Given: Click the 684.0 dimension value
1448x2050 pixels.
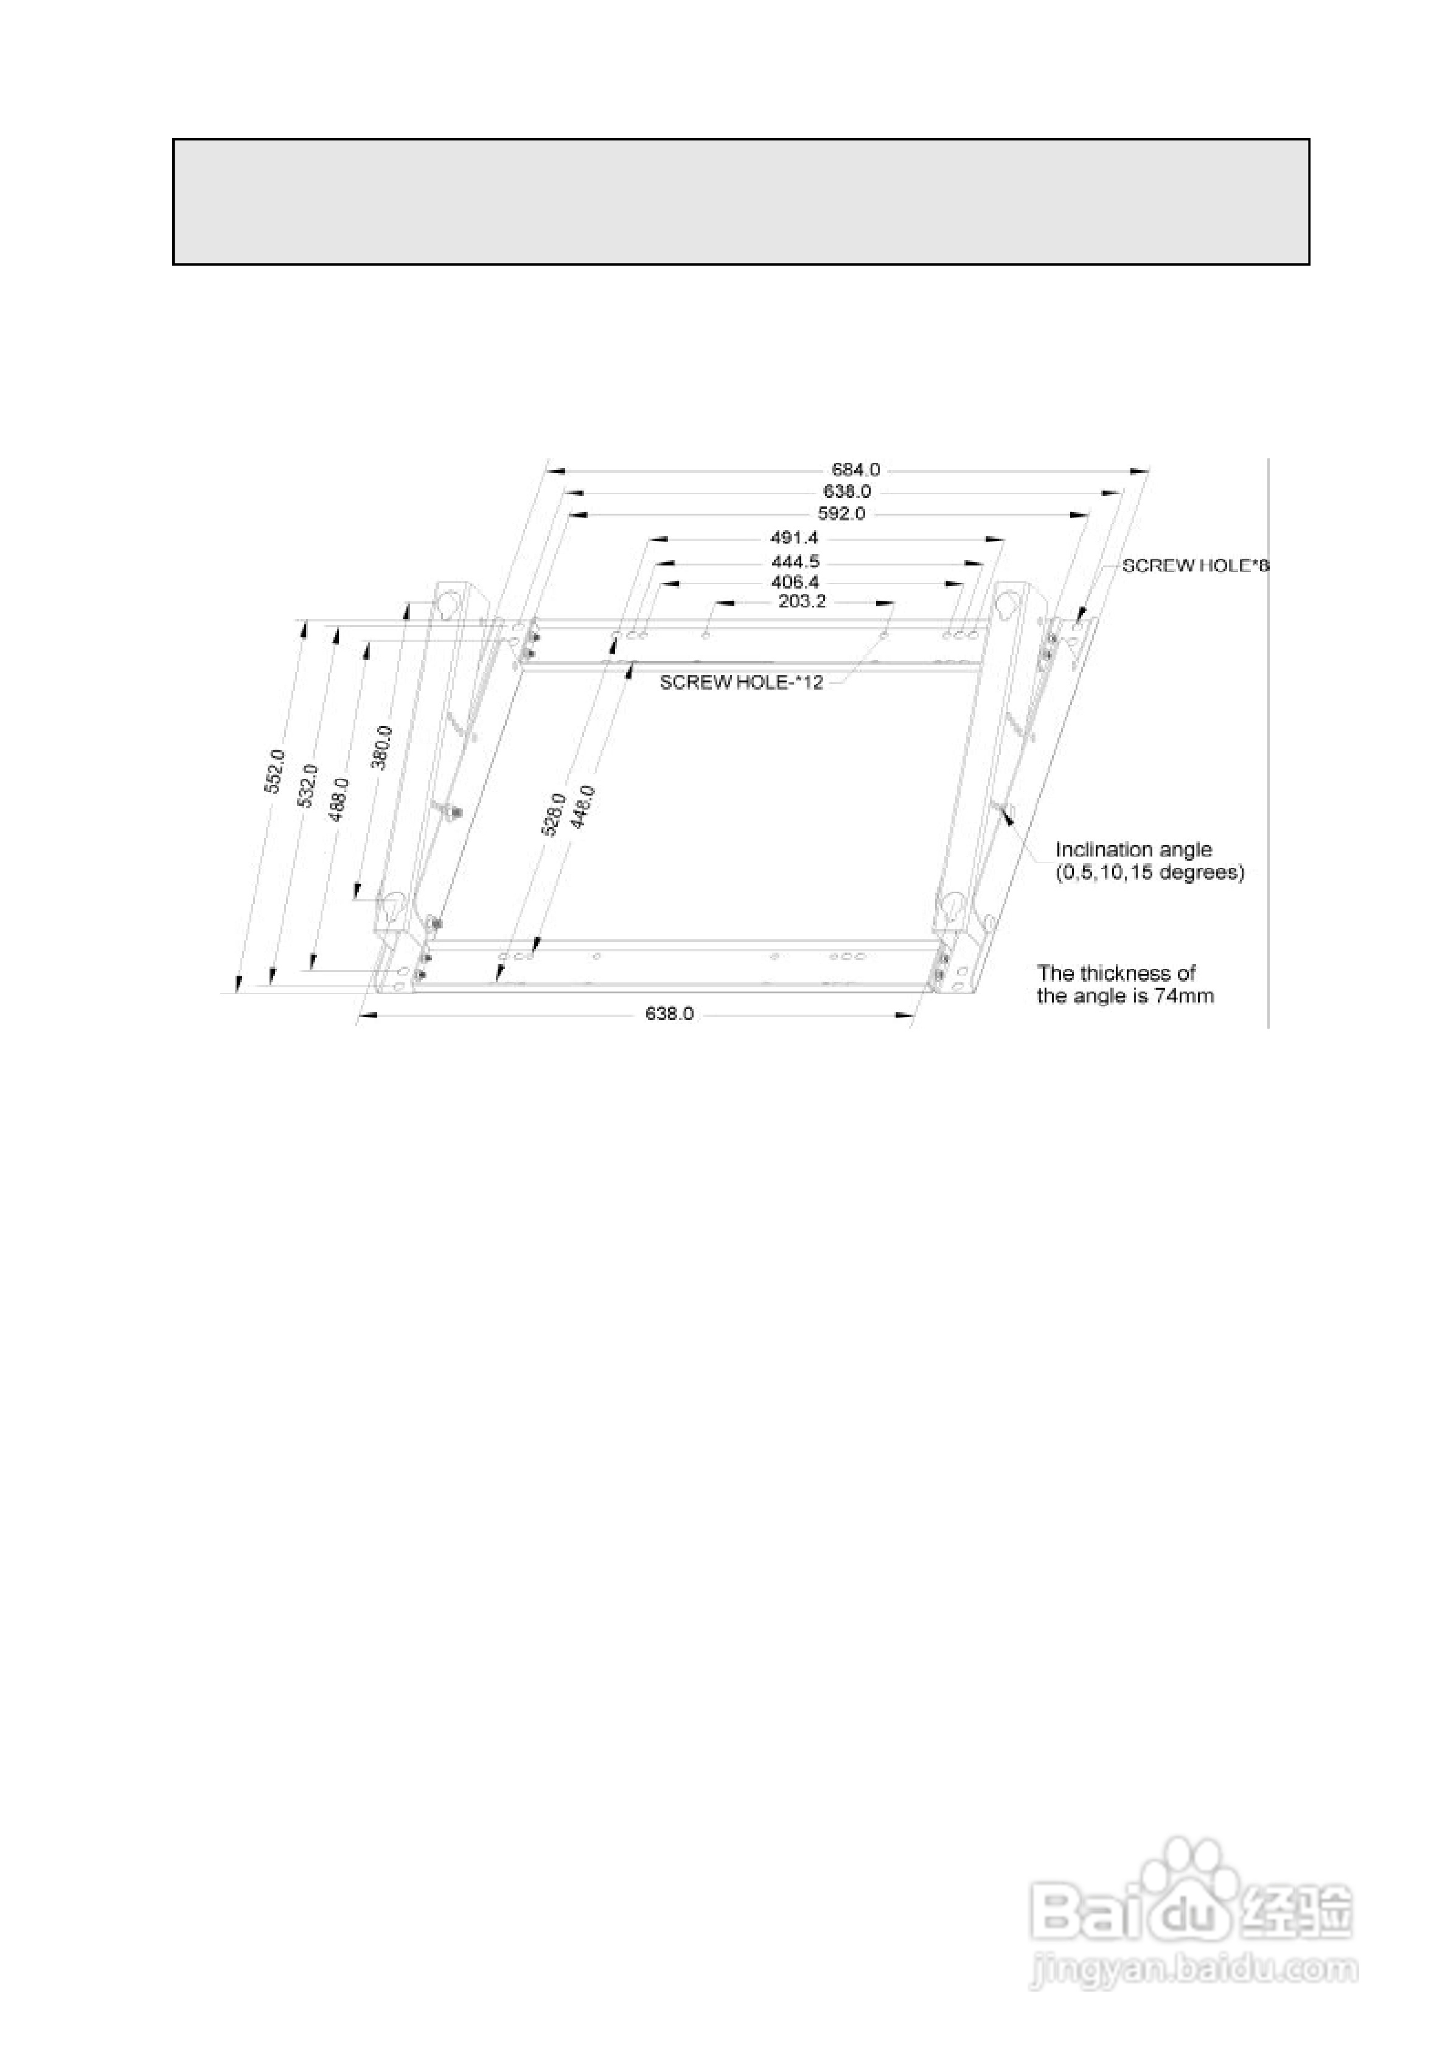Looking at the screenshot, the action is coord(855,469).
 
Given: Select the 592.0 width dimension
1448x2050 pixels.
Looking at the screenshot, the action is coord(841,513).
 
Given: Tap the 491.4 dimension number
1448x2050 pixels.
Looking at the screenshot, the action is coord(793,537).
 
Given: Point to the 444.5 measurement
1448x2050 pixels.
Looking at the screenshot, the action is coord(795,562).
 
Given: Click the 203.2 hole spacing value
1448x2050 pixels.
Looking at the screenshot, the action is coord(802,602).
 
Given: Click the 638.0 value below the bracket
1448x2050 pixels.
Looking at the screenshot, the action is coord(669,1014).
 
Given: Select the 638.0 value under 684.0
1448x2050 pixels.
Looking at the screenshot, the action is coord(846,491).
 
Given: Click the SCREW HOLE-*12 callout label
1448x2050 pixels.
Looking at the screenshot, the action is coord(741,683).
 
